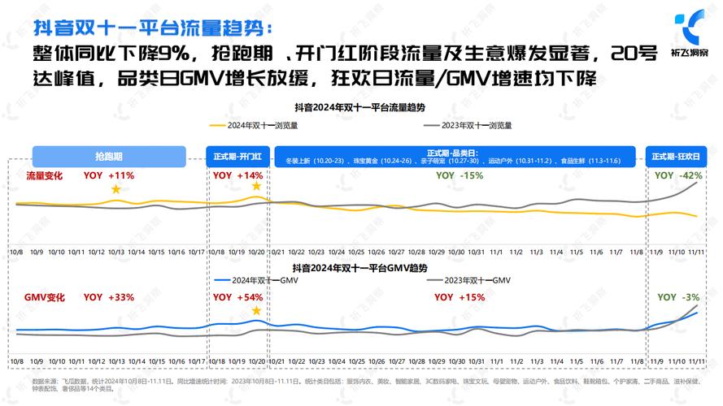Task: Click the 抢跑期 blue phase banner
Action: (x=108, y=157)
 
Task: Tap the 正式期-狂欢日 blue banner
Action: (x=675, y=157)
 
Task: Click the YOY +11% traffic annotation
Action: (x=108, y=175)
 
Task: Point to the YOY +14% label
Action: (x=237, y=175)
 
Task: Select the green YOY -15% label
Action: (x=459, y=175)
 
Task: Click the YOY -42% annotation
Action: (x=678, y=175)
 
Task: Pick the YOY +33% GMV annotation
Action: (x=108, y=297)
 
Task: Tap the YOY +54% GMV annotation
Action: (x=237, y=297)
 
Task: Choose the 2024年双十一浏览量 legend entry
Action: (x=254, y=126)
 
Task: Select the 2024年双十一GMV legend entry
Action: (x=258, y=280)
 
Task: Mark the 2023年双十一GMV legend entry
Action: (x=469, y=280)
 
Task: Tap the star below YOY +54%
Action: (x=257, y=310)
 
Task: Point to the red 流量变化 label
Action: (x=43, y=175)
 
